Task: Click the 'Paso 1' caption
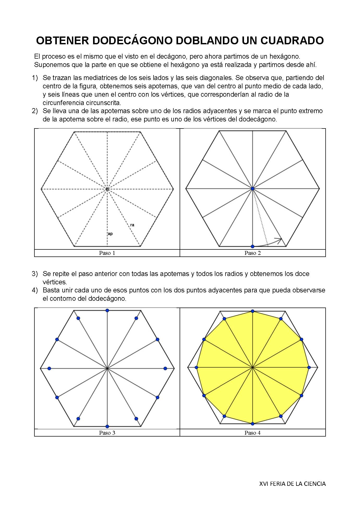(x=107, y=253)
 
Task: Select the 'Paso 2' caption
(x=253, y=253)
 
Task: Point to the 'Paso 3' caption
(x=107, y=433)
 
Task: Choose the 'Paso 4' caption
(x=253, y=433)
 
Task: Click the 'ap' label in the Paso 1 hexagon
(x=110, y=234)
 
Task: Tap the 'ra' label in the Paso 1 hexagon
(x=132, y=225)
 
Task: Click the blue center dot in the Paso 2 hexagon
(x=252, y=188)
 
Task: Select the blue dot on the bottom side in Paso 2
(x=252, y=246)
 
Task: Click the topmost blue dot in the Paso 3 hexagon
(x=107, y=310)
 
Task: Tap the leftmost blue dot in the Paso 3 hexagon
(x=49, y=368)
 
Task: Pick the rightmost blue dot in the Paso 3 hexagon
(x=165, y=368)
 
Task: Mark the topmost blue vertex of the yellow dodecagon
(x=252, y=311)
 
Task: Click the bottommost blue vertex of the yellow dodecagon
(x=252, y=424)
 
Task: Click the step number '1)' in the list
(x=35, y=78)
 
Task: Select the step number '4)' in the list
(x=35, y=290)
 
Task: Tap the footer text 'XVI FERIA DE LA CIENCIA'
(x=292, y=484)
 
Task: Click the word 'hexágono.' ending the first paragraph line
(x=285, y=56)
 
